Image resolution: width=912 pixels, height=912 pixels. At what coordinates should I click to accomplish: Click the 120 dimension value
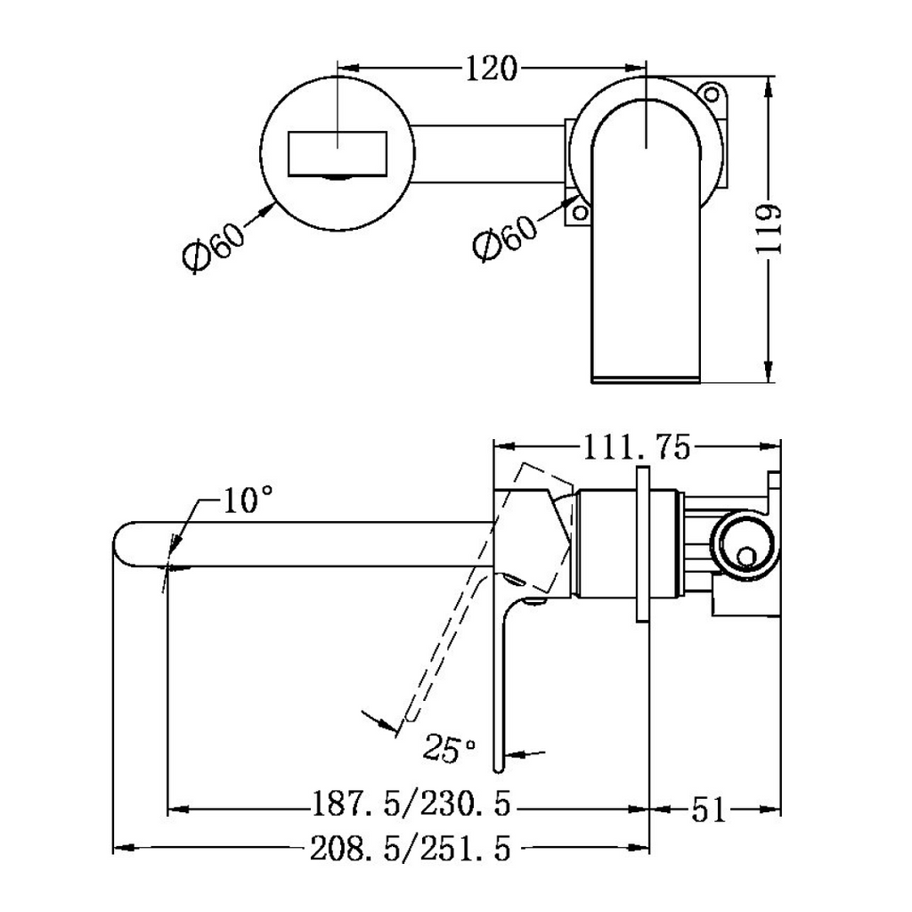tap(491, 69)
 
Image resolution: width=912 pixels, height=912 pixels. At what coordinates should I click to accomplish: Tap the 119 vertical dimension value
tap(768, 229)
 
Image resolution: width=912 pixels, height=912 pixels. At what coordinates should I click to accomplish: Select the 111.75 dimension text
tap(636, 447)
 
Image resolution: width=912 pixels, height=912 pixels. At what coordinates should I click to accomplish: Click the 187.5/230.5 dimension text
tap(411, 803)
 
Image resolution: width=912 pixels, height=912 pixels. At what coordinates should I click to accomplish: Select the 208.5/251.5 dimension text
tap(411, 849)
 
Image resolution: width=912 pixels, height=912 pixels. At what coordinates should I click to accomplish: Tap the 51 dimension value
tap(709, 809)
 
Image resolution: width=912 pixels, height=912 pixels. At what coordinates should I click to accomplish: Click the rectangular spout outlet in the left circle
tap(338, 153)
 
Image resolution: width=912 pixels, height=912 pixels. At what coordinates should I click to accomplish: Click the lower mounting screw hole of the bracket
tap(580, 212)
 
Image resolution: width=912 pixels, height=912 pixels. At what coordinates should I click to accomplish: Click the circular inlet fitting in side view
tap(745, 544)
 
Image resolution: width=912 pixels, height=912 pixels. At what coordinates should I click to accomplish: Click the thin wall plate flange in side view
tap(643, 544)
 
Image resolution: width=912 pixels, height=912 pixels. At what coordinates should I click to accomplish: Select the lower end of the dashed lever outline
tap(408, 717)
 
